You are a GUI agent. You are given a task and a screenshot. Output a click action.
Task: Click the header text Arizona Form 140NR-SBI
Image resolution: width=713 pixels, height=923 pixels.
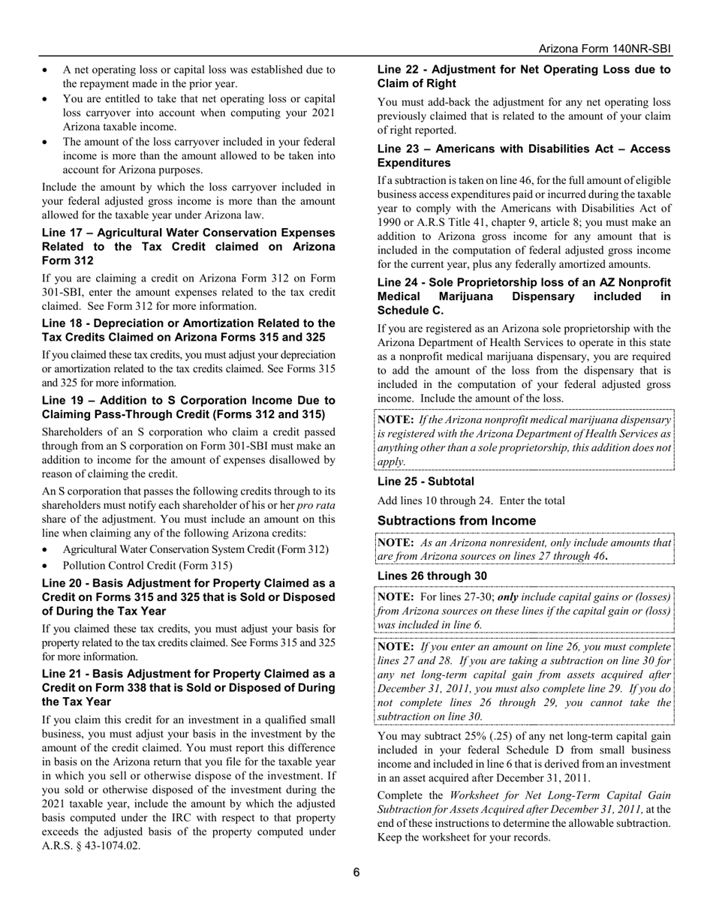tap(605, 49)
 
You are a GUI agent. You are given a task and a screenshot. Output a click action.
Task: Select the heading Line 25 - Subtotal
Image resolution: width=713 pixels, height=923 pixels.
tap(426, 481)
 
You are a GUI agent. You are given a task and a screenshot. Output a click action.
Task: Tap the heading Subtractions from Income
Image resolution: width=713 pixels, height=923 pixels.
tap(456, 521)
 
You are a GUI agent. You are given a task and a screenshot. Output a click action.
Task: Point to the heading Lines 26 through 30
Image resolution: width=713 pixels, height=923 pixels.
tap(432, 576)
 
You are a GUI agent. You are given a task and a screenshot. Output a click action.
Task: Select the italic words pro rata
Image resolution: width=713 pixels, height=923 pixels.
tap(315, 505)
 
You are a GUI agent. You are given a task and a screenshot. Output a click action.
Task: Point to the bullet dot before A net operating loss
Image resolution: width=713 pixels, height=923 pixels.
tap(47, 70)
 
